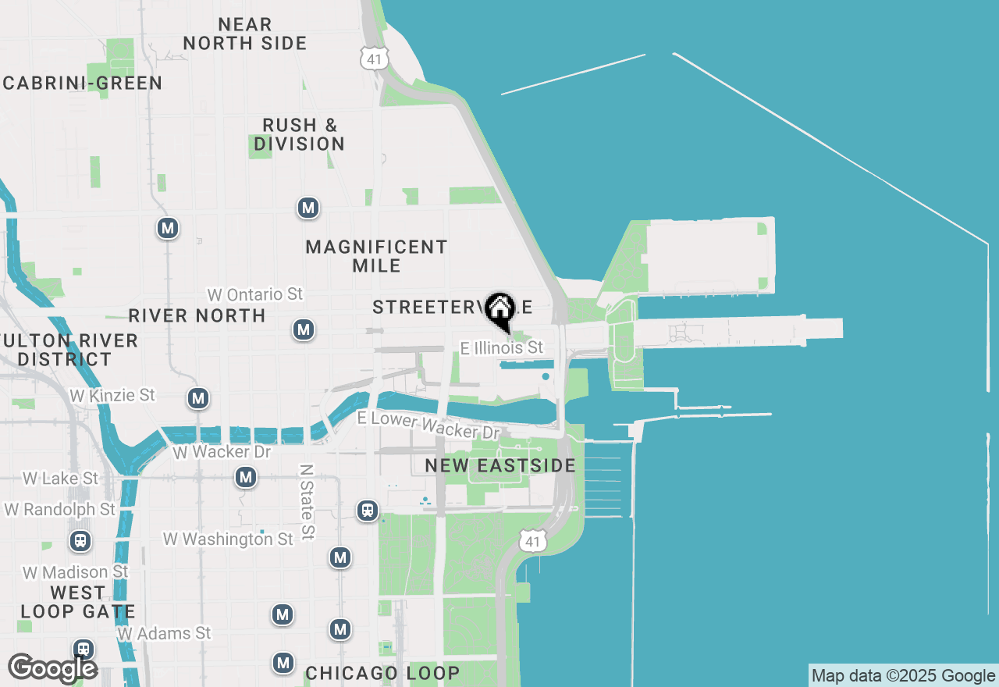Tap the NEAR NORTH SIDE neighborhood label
[x=245, y=34]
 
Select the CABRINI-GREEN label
[x=83, y=84]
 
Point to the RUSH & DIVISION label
[x=300, y=134]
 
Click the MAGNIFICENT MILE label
[x=377, y=256]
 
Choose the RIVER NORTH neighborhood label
[x=197, y=315]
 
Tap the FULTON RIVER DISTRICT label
[x=69, y=350]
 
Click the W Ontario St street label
[x=254, y=294]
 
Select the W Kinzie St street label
[x=112, y=395]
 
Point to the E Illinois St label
[x=501, y=347]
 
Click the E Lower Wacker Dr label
[x=428, y=425]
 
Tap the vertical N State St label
[x=307, y=500]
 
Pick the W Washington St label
[x=228, y=539]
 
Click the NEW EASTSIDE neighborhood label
[x=500, y=466]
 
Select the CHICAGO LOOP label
[x=382, y=673]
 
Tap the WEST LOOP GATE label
[x=78, y=602]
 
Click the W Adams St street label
[x=164, y=632]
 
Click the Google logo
[x=52, y=668]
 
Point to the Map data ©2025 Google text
[x=903, y=676]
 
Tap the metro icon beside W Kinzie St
[x=198, y=398]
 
